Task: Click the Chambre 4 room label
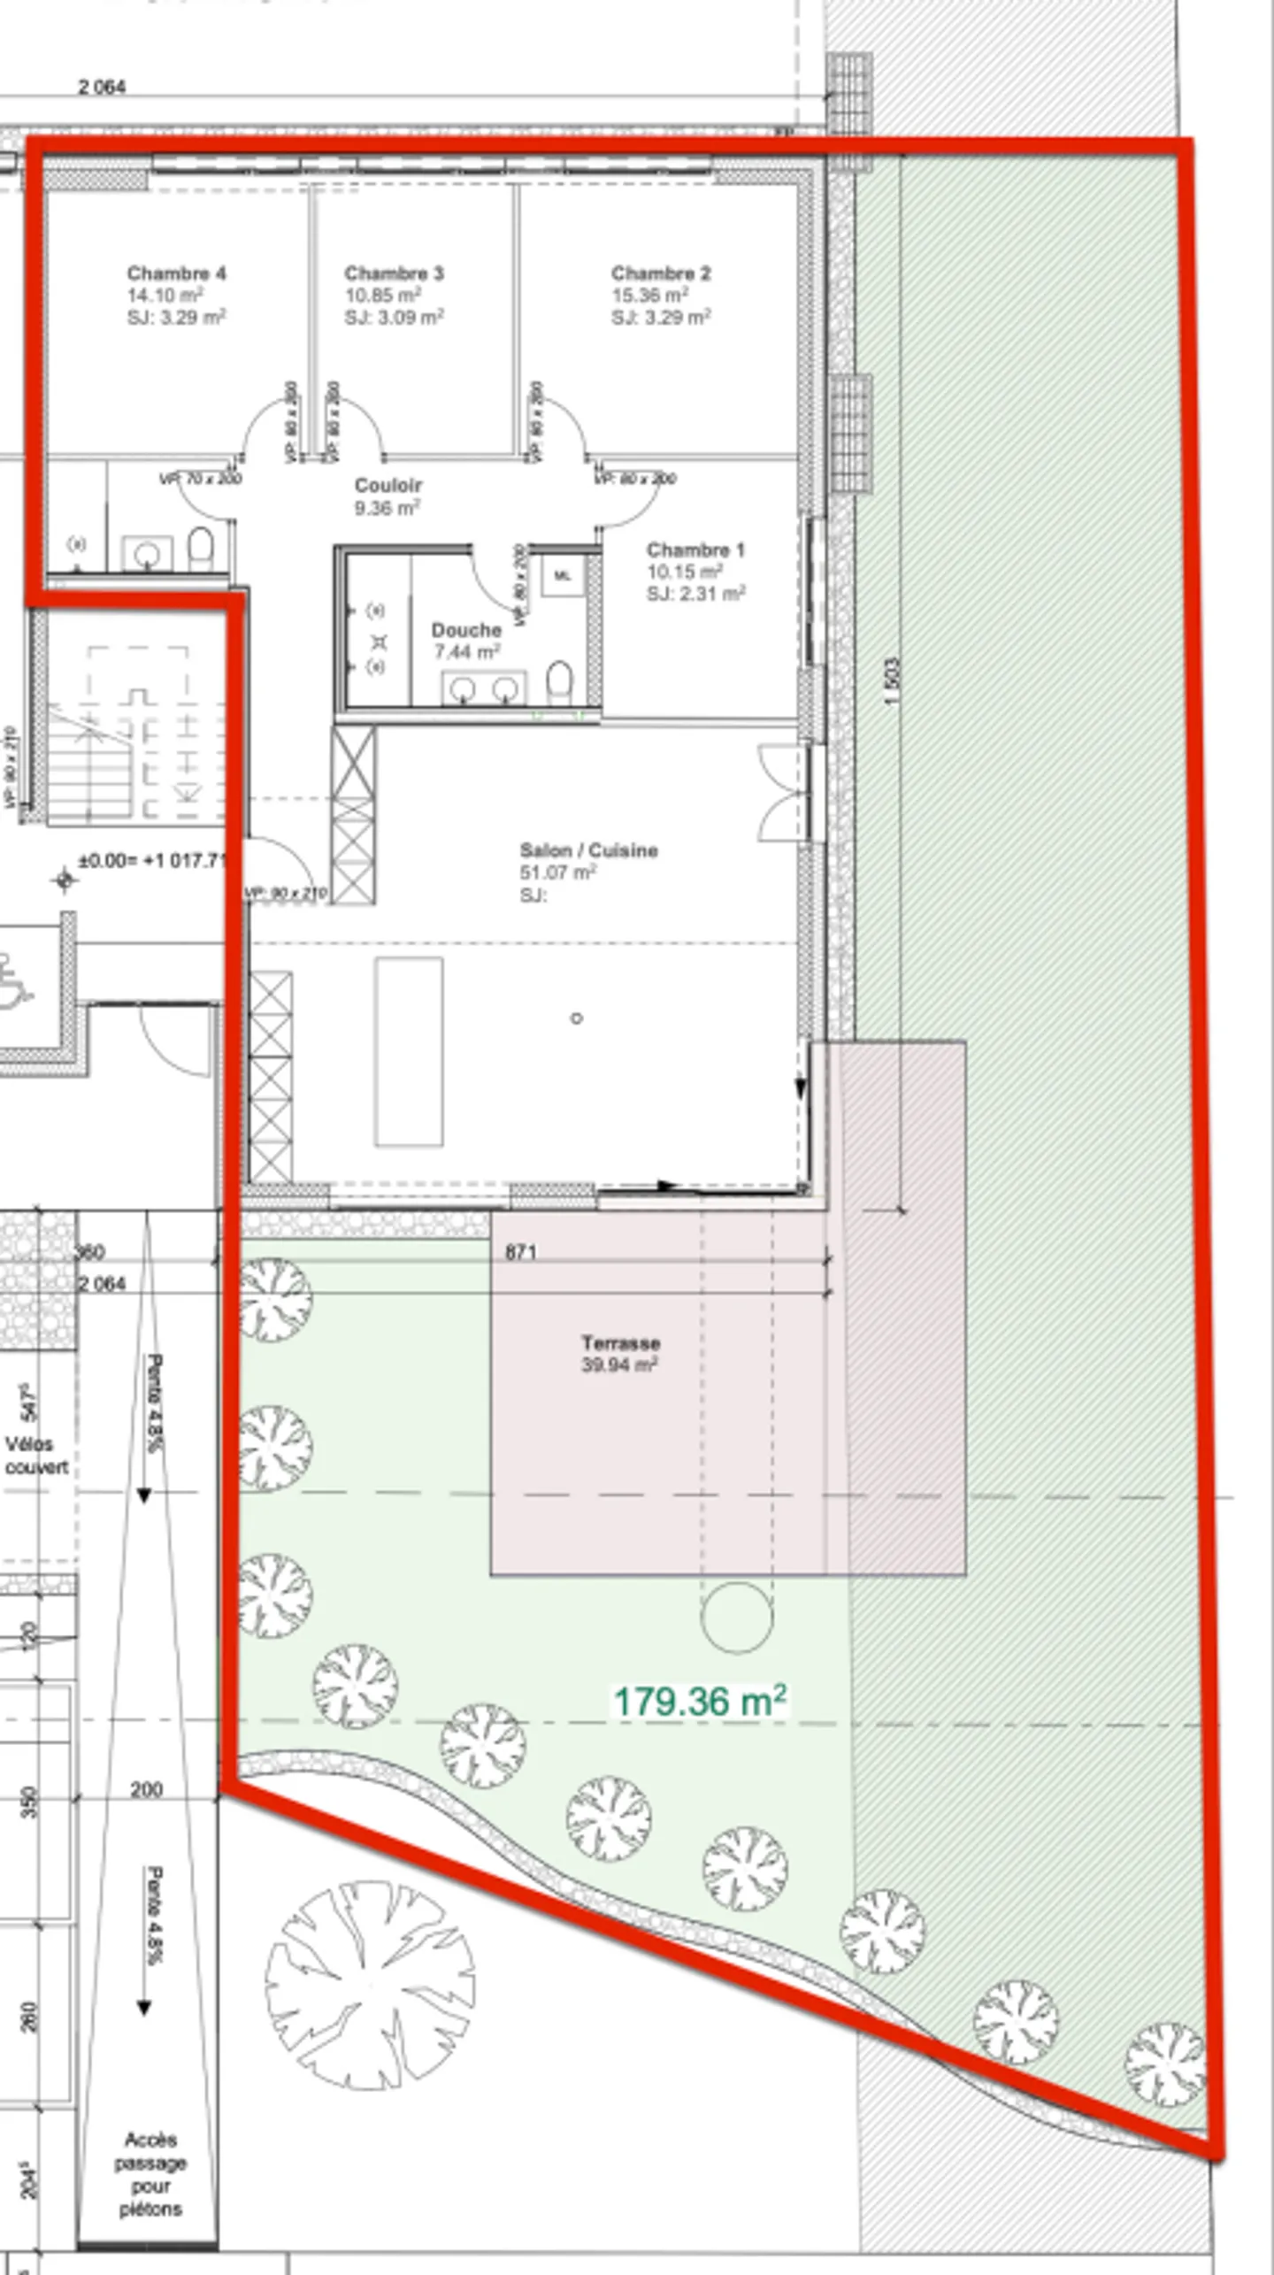(176, 273)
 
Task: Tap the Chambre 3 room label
(394, 273)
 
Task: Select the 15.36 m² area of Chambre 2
(649, 296)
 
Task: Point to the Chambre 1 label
(695, 550)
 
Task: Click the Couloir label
(388, 486)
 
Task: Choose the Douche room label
(466, 631)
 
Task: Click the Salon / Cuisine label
(588, 850)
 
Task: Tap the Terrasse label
(620, 1342)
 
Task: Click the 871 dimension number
(521, 1252)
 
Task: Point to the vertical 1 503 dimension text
(892, 680)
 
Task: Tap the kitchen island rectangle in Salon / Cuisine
(408, 1051)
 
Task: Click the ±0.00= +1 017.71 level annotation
(152, 861)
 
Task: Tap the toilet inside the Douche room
(559, 682)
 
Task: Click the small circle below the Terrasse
(736, 1618)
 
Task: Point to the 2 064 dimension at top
(102, 87)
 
